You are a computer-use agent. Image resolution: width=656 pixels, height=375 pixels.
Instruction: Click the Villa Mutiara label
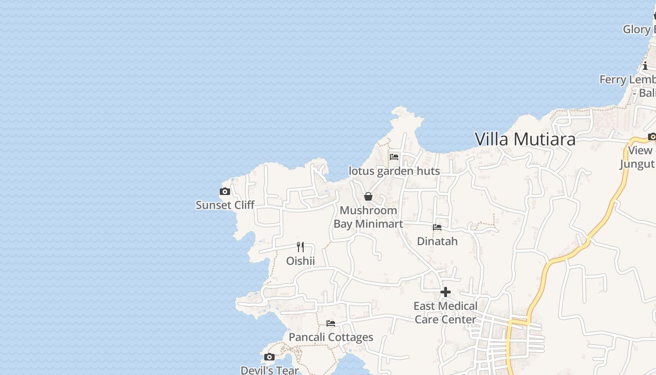525,139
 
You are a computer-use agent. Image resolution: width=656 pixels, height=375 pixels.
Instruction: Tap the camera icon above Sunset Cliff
225,191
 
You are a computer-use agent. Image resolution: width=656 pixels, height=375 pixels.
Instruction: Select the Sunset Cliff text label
225,205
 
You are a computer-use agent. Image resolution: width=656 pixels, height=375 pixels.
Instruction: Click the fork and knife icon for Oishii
300,247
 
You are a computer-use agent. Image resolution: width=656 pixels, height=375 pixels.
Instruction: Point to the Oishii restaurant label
300,261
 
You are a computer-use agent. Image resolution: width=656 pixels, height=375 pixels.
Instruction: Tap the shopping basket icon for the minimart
368,196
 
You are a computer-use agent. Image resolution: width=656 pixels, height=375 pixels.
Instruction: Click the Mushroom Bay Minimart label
368,217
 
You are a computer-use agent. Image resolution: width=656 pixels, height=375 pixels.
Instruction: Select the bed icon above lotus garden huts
394,157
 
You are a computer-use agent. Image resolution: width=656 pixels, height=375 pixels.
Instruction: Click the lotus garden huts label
394,171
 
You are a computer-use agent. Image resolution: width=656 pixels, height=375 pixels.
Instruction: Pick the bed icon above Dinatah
437,227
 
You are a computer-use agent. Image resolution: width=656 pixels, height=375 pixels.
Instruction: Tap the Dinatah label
437,241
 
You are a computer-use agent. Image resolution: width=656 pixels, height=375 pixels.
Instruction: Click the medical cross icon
445,292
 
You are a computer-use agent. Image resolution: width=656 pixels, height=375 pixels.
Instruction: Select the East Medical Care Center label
445,313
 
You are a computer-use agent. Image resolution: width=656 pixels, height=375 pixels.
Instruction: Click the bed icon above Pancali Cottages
331,323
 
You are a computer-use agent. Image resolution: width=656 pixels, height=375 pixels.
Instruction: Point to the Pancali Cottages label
331,337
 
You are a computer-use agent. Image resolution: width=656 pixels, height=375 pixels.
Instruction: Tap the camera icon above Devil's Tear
269,357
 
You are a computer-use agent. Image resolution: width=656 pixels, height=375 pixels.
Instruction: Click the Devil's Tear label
269,370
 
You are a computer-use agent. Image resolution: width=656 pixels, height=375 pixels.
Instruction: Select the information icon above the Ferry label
645,66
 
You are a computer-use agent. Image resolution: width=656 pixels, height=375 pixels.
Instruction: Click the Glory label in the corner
639,29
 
